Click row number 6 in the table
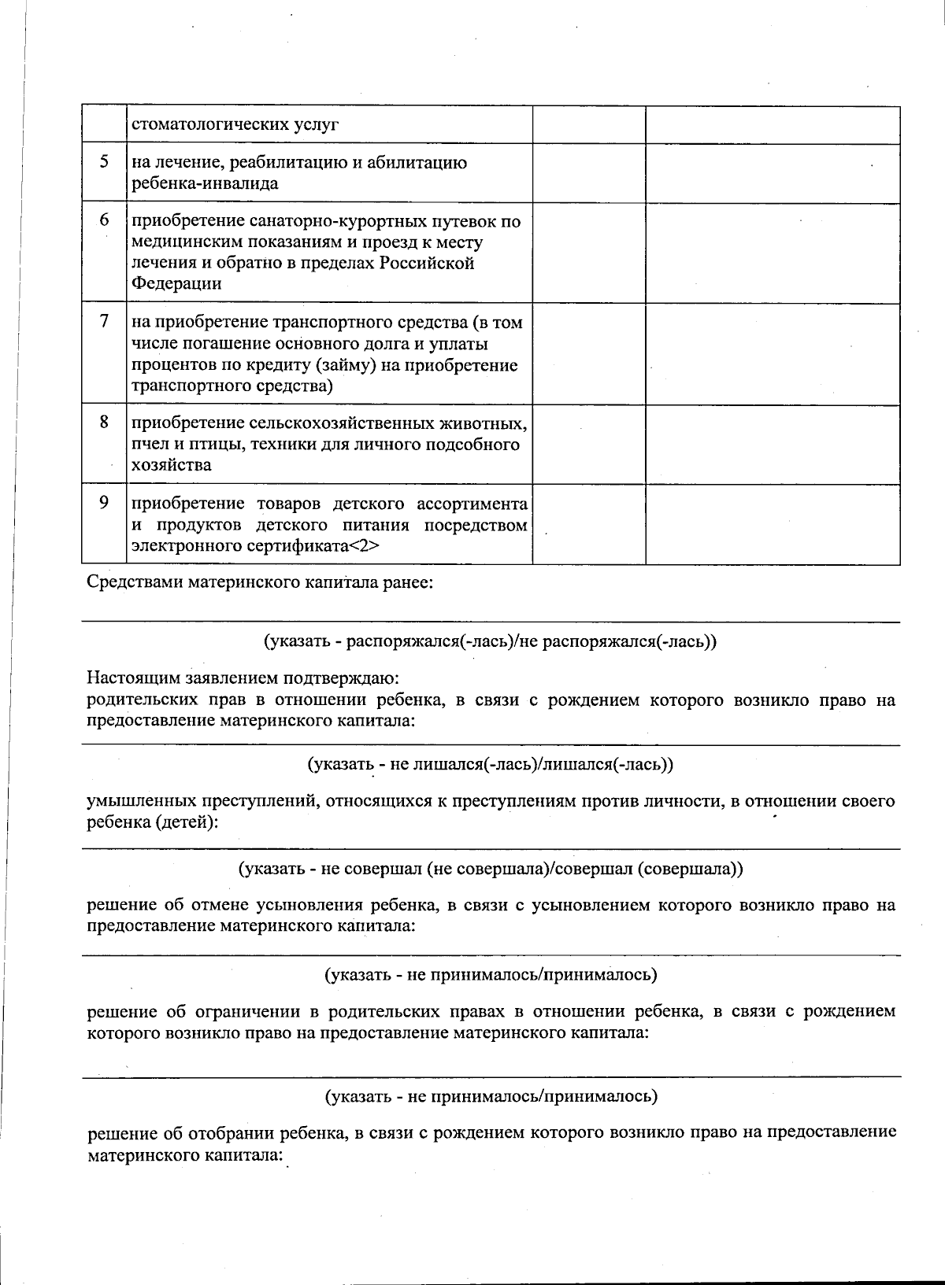click(104, 220)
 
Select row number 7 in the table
click(104, 322)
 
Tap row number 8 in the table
click(104, 423)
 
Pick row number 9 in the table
click(104, 503)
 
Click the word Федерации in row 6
click(176, 283)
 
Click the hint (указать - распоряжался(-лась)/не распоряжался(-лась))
click(490, 641)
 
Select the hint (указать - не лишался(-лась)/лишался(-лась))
click(490, 763)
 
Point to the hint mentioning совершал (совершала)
click(491, 869)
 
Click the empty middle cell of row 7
click(589, 354)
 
